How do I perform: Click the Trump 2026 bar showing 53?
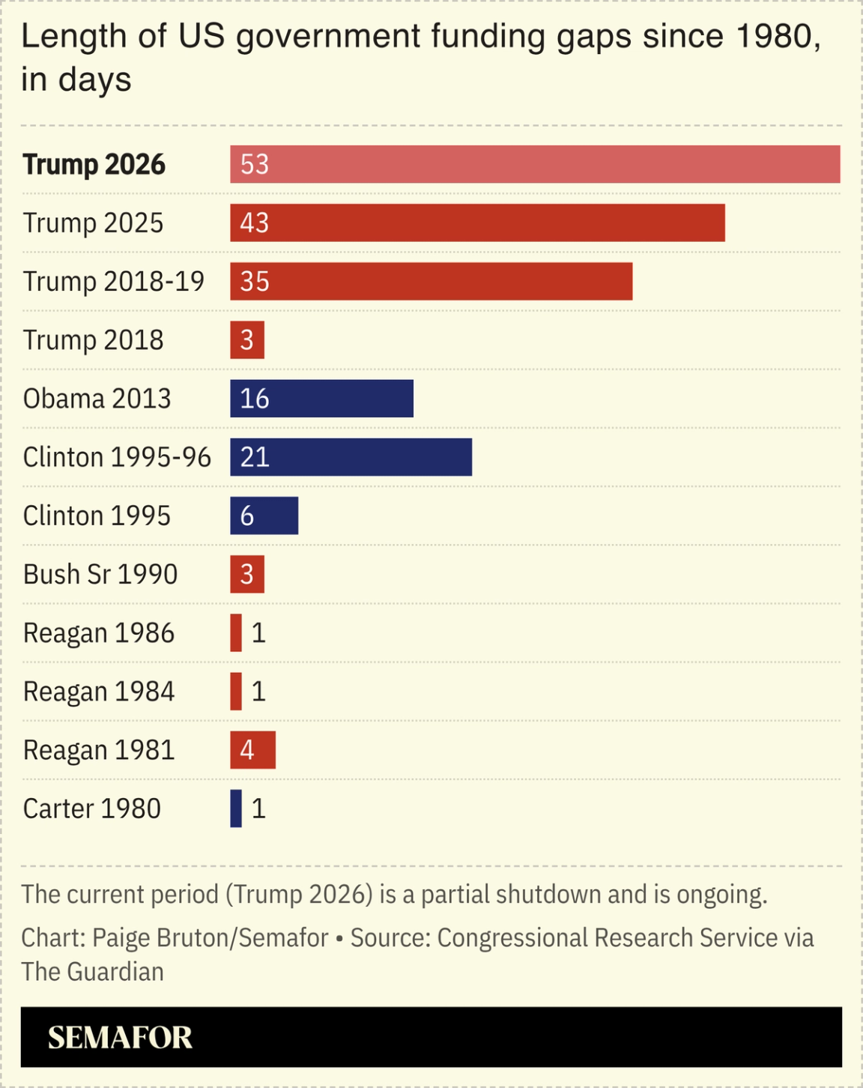coord(535,164)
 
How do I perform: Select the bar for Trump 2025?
coord(477,223)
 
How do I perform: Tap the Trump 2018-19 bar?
coord(431,281)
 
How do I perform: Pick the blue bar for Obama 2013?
coord(321,399)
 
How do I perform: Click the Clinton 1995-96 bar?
coord(351,457)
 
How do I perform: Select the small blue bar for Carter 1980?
coord(236,809)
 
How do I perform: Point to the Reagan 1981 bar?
coord(252,750)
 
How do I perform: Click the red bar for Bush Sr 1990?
coord(247,575)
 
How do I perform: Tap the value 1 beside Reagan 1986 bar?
coord(258,633)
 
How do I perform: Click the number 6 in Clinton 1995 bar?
coord(247,516)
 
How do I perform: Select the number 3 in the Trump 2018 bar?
coord(247,340)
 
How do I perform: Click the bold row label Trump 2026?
coord(94,165)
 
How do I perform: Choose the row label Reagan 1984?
coord(99,692)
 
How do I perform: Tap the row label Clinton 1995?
coord(97,516)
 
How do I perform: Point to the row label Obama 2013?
coord(97,399)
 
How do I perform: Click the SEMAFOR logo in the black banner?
coord(120,1038)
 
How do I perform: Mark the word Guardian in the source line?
coord(115,972)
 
